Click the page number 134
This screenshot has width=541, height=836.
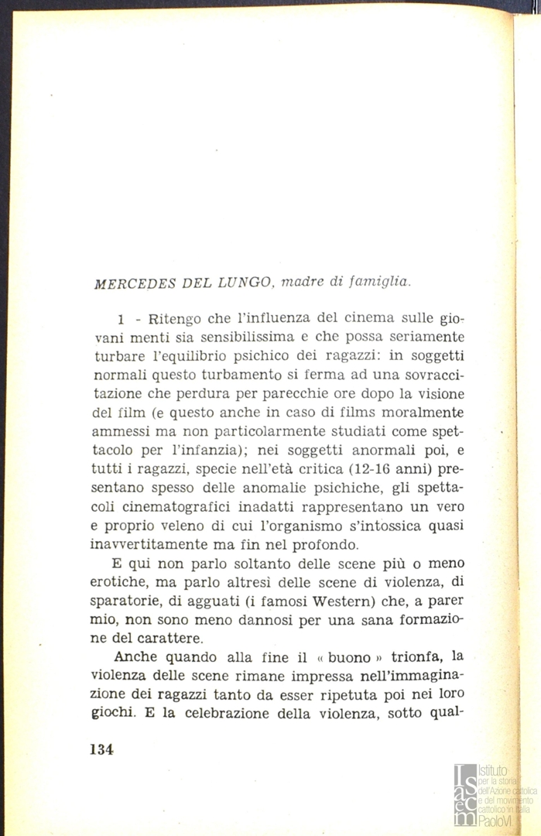102,749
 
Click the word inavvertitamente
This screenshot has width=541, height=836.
154,544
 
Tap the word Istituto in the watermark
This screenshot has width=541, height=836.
493,771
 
